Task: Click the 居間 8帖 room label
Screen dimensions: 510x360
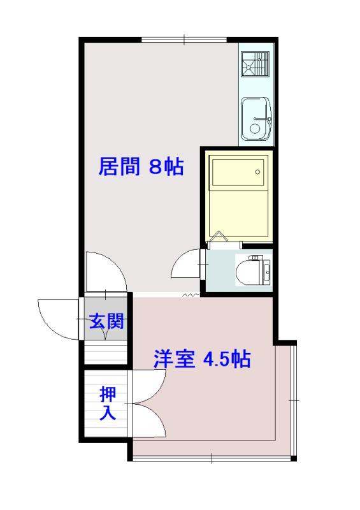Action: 141,167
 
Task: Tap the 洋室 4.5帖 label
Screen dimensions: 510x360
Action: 201,360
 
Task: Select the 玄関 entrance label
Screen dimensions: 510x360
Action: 106,321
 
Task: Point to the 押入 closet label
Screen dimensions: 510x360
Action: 107,404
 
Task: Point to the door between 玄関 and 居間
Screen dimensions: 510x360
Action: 106,272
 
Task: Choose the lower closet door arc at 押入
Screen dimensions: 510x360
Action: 151,421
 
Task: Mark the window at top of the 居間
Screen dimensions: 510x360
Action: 185,40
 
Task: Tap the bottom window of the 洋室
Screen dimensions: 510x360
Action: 212,458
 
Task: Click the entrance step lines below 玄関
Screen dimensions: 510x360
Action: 106,353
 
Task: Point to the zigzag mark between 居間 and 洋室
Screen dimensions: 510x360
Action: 189,295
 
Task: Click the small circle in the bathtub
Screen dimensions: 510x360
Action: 257,171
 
